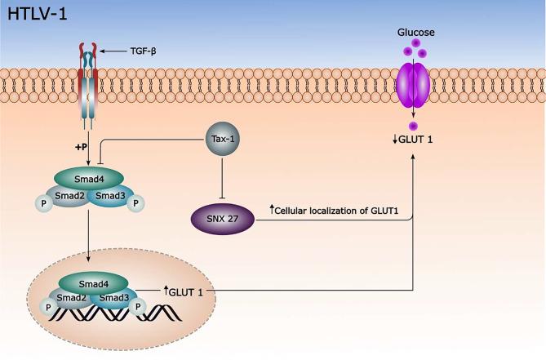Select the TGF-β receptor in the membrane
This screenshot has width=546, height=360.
point(95,82)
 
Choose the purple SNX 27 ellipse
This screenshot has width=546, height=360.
point(219,219)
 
